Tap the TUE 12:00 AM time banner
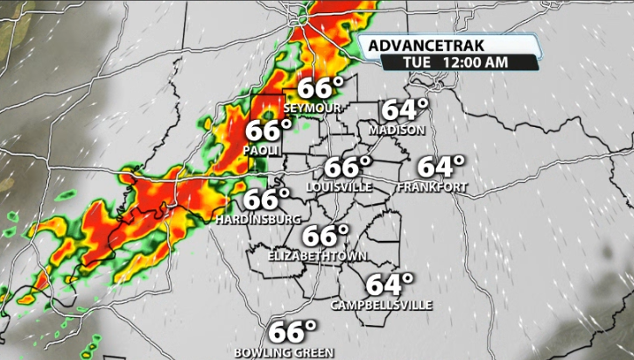(447, 62)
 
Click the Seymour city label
(310, 108)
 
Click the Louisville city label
(340, 187)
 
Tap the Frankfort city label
(431, 187)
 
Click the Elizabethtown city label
(317, 256)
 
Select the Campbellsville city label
(381, 306)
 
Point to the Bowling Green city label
(284, 352)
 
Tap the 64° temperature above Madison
(405, 110)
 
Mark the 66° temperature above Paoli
(268, 131)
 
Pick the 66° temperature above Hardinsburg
(266, 200)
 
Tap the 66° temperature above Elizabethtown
(326, 236)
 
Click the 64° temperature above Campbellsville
(389, 285)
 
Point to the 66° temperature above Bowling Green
(292, 333)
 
